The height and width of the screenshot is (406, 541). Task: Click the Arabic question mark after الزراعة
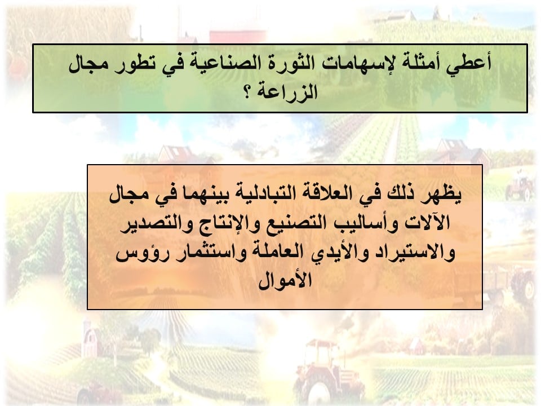[x=249, y=92]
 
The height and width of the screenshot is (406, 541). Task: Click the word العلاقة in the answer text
[x=322, y=193]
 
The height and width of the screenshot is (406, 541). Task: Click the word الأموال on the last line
[x=285, y=280]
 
